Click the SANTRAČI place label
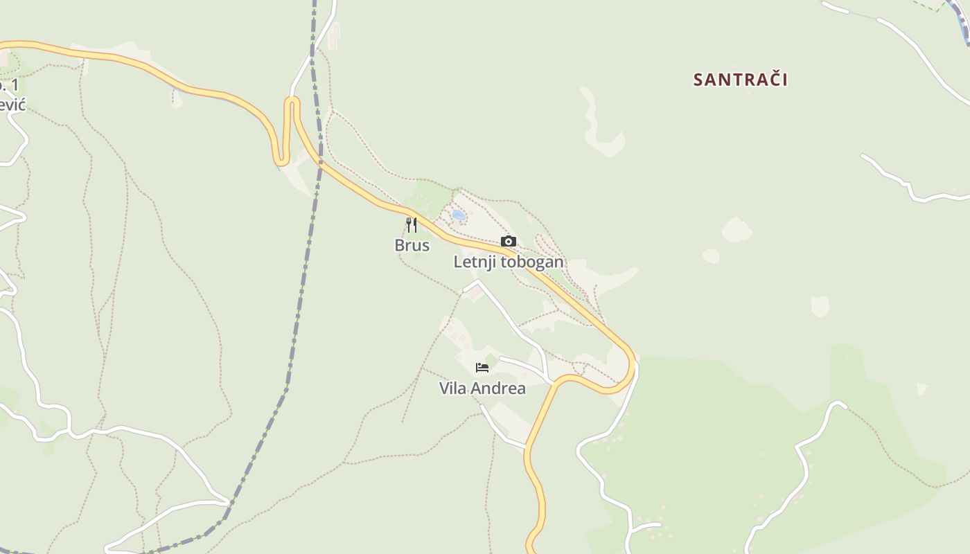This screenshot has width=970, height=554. (740, 80)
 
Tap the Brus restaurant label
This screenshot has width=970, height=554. (412, 245)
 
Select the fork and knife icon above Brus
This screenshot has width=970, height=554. (412, 225)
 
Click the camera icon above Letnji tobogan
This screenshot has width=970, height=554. (509, 242)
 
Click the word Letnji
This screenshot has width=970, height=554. (475, 262)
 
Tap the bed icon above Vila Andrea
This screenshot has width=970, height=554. (482, 368)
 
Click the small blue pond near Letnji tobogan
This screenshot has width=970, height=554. (458, 215)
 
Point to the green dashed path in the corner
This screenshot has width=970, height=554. (928, 6)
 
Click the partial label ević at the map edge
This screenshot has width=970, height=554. (12, 105)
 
